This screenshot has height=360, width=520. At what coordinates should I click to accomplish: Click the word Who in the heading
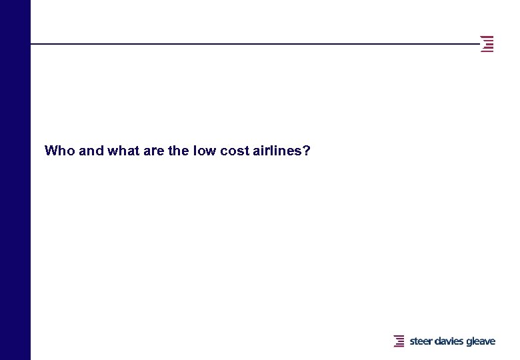(x=59, y=151)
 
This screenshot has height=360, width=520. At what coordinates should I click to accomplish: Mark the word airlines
(x=277, y=151)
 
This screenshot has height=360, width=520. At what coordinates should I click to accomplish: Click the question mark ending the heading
(x=307, y=151)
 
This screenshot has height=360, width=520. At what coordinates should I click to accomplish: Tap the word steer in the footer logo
(x=421, y=341)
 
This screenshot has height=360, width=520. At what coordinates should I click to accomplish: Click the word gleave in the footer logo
(x=481, y=342)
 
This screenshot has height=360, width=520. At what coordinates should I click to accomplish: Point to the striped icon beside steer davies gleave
(x=399, y=341)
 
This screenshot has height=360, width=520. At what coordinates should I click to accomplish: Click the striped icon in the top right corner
(x=488, y=44)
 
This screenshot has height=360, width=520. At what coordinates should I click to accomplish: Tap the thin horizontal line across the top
(x=253, y=44)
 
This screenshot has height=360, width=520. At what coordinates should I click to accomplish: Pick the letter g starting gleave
(x=469, y=342)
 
